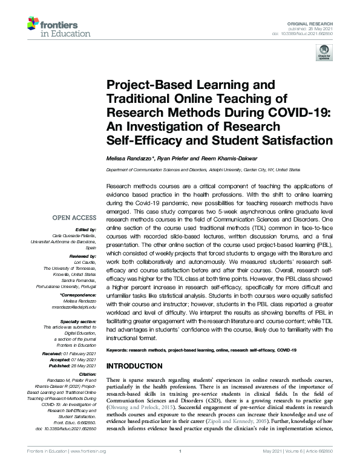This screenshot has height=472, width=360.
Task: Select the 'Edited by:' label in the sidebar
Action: click(85, 229)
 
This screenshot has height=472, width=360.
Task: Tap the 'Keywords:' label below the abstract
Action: click(120, 350)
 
